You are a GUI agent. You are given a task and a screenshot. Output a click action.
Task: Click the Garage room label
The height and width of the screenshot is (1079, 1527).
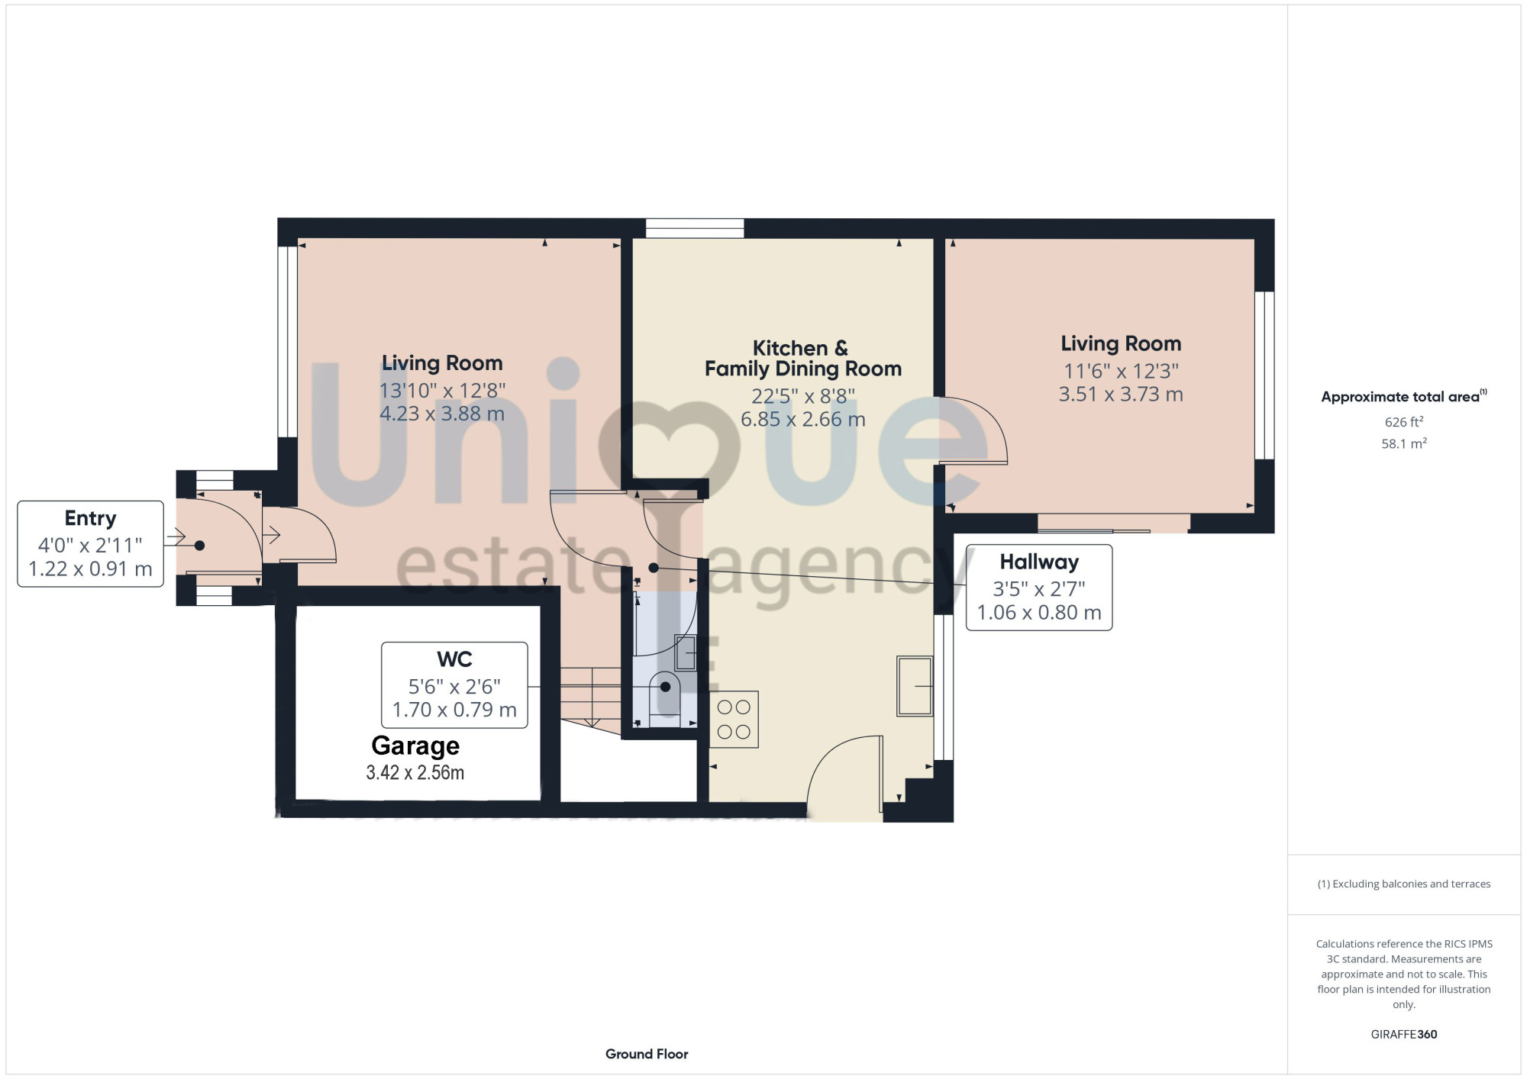pos(415,746)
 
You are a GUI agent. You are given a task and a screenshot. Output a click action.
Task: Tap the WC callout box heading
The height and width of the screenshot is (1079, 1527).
pos(454,659)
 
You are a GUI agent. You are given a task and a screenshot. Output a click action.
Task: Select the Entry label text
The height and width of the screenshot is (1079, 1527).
pos(90,519)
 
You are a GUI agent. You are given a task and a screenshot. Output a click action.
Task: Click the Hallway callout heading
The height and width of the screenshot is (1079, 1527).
pos(1039,562)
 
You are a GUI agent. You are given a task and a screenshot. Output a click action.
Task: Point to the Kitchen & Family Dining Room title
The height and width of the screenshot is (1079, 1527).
pos(802,359)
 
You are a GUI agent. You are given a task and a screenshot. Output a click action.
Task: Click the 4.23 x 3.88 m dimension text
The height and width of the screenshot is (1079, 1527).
pos(442,414)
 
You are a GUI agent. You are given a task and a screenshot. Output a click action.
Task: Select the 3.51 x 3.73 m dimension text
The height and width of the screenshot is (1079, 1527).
pos(1121,395)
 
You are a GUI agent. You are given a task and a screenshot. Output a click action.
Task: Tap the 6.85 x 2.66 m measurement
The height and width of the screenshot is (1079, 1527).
pos(802,420)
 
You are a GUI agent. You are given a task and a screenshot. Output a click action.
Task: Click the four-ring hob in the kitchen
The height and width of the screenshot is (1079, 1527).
pos(734,720)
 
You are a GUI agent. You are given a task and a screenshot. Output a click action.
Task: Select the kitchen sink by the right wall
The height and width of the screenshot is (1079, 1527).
pos(915,686)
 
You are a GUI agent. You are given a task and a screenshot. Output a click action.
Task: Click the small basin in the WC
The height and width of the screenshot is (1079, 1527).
pos(685,653)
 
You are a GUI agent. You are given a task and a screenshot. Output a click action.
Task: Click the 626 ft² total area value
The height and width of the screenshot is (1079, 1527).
pos(1403,422)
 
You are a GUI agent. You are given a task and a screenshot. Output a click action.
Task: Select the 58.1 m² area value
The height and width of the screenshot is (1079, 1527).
pos(1403,443)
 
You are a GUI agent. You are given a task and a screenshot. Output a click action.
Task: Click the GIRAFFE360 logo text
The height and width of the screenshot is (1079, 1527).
pos(1403,1035)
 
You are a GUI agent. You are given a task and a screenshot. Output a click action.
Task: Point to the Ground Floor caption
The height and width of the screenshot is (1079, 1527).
pos(647,1054)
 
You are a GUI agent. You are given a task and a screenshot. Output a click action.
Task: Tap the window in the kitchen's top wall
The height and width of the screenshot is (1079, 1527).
pos(695,228)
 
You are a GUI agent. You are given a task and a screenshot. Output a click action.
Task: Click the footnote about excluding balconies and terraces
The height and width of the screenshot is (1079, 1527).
pos(1403,884)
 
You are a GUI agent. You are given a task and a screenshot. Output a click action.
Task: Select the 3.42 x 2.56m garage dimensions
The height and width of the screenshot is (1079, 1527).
pos(415,773)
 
